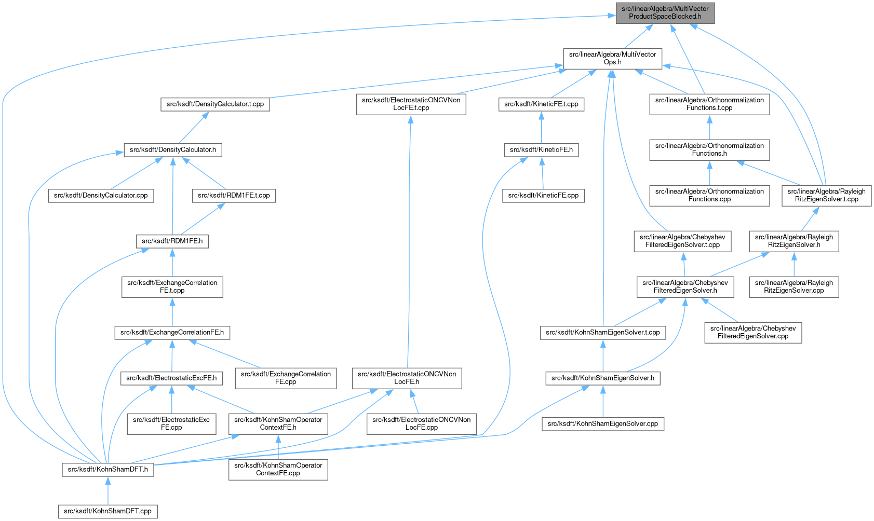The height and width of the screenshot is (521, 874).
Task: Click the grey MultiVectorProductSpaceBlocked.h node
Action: click(665, 13)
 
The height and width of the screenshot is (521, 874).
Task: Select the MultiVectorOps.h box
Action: click(612, 59)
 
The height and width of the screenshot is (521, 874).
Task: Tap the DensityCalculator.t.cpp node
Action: click(215, 104)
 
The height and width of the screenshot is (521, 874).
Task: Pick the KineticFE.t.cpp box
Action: click(541, 104)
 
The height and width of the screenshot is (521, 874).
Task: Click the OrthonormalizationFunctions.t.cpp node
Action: click(709, 104)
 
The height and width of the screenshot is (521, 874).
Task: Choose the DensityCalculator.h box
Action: click(173, 150)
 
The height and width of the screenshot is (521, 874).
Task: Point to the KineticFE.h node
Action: click(541, 150)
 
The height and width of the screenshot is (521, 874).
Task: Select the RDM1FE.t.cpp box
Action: click(234, 195)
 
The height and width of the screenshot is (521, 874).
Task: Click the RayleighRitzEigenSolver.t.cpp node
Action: click(826, 195)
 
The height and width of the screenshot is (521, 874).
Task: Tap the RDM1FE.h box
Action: click(172, 241)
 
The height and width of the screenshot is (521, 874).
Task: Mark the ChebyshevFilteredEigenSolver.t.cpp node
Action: click(682, 241)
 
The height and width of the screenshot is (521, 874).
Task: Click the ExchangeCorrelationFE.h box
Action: click(172, 332)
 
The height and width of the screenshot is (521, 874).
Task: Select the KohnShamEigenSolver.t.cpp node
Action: click(603, 332)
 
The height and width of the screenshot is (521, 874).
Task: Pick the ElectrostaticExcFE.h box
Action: click(171, 378)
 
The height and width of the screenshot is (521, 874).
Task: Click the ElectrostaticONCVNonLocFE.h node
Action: click(407, 378)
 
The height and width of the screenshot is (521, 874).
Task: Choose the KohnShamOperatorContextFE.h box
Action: click(278, 423)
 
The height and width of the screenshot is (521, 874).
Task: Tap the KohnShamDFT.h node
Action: click(107, 469)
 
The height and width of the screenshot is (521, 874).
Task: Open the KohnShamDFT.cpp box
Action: click(107, 511)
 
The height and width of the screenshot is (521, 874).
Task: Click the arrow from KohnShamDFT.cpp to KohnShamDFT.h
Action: click(107, 490)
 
